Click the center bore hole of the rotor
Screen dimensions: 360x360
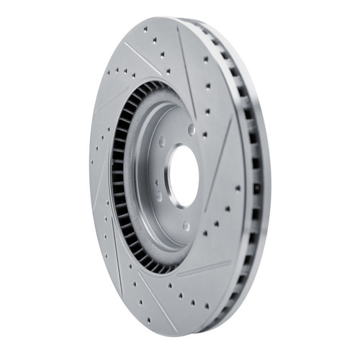point(184,176)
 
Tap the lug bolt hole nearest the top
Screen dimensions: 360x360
point(192,130)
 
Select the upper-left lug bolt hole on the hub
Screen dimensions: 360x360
point(162,141)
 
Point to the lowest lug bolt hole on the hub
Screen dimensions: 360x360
point(186,225)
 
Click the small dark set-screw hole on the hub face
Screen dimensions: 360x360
point(158,195)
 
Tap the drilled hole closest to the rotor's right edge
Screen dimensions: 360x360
point(238,188)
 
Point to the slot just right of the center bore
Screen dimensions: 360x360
point(220,162)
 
